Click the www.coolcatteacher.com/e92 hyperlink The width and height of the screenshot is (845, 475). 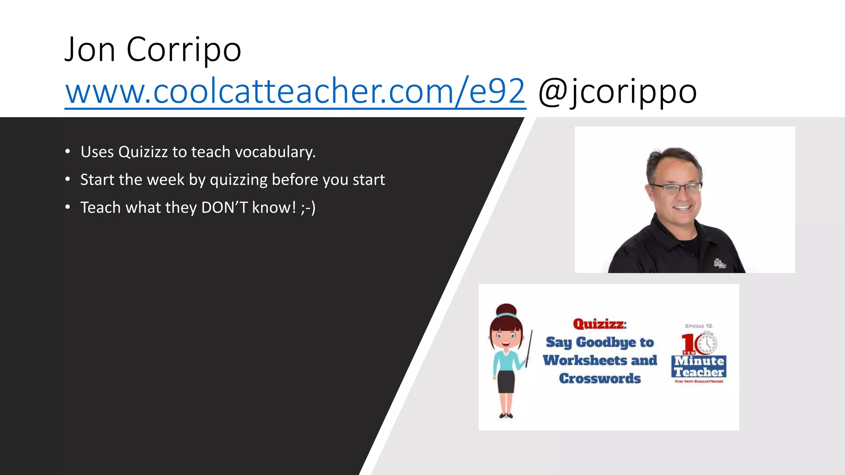(x=295, y=91)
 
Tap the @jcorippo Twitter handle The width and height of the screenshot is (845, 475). (x=617, y=92)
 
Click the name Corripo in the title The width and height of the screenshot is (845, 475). (x=184, y=50)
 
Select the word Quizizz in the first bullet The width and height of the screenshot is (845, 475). (x=143, y=152)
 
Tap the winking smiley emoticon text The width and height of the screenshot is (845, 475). (x=308, y=207)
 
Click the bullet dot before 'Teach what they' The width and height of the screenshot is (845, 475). (x=68, y=207)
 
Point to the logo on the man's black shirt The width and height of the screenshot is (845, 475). (x=720, y=263)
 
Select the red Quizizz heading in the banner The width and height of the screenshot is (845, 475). (x=599, y=324)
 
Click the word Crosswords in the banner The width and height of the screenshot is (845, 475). (x=600, y=379)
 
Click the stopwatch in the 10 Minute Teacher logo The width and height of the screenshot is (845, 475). (x=707, y=343)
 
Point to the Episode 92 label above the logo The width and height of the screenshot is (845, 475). (x=699, y=326)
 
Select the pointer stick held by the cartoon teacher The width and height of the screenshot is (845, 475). (x=529, y=350)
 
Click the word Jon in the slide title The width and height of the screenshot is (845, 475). (x=90, y=50)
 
